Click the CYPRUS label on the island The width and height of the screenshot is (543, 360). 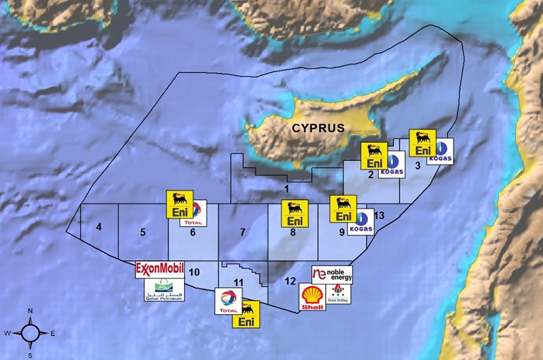pyautogui.click(x=318, y=128)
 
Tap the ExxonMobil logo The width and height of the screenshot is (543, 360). pyautogui.click(x=160, y=269)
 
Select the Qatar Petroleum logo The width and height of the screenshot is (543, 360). pyautogui.click(x=164, y=290)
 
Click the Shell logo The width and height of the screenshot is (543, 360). pyautogui.click(x=312, y=297)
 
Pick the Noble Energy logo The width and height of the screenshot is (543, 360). pyautogui.click(x=332, y=274)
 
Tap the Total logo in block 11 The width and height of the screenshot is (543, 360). pyautogui.click(x=228, y=301)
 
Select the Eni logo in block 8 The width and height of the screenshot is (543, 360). pyautogui.click(x=294, y=214)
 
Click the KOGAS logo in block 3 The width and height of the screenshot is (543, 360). pyautogui.click(x=440, y=151)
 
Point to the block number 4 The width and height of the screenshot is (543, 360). pyautogui.click(x=99, y=227)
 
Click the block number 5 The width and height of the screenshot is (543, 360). pyautogui.click(x=142, y=232)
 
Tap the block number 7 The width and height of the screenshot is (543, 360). pyautogui.click(x=243, y=232)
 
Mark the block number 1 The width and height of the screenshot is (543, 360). pyautogui.click(x=287, y=188)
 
